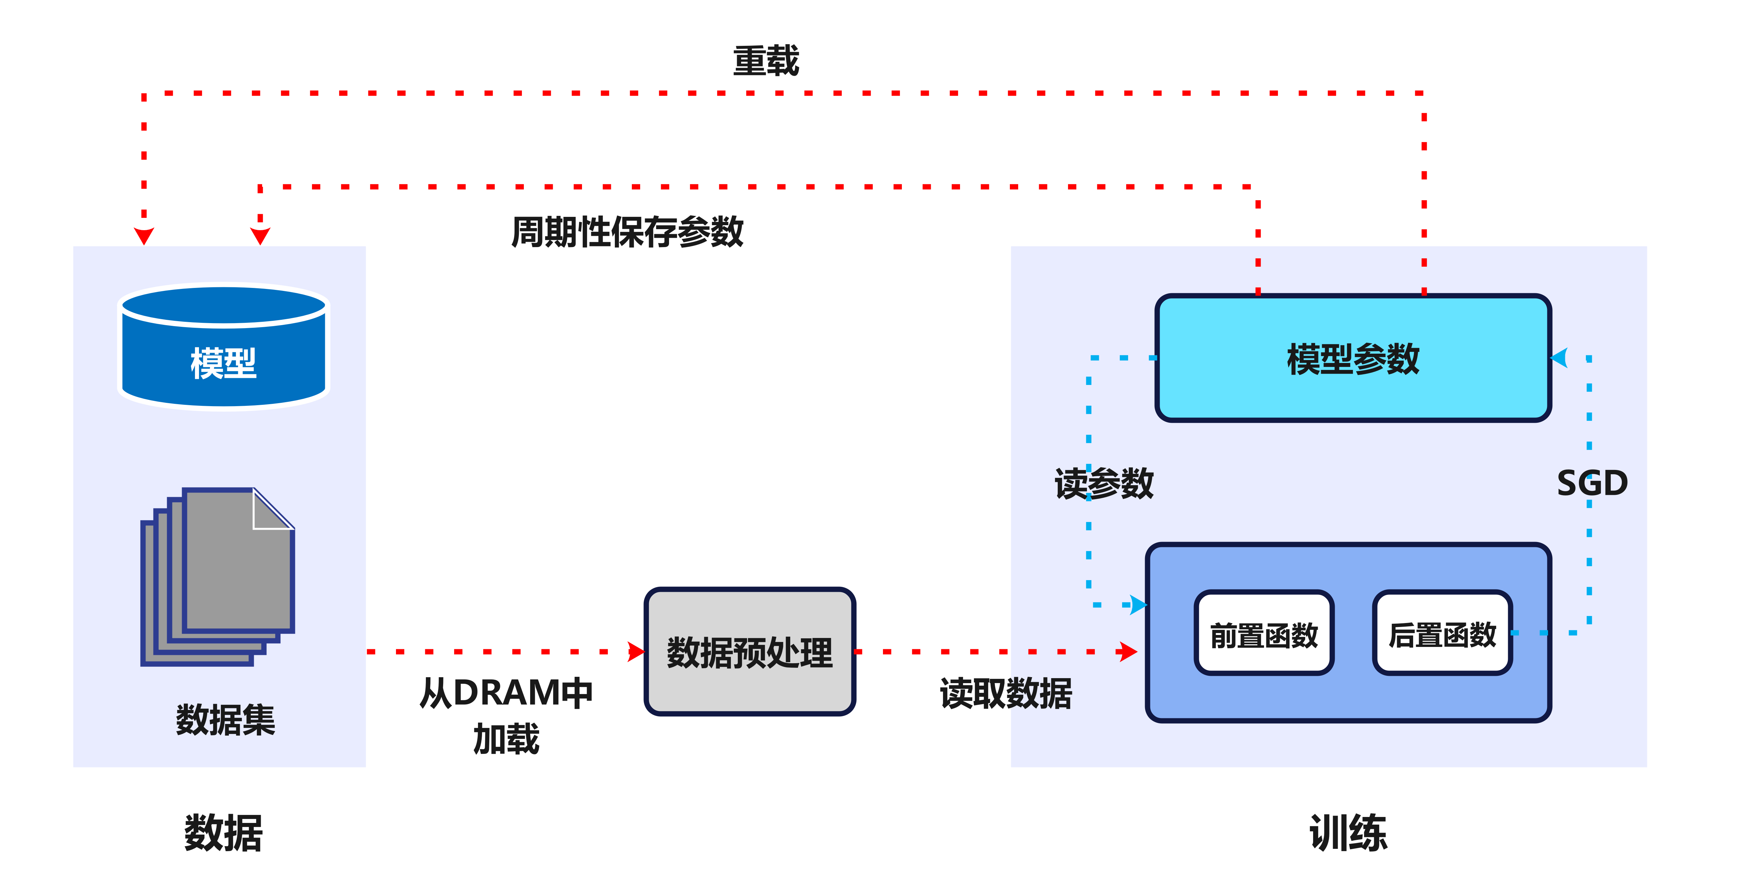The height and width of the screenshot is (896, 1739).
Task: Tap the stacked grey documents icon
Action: tap(217, 577)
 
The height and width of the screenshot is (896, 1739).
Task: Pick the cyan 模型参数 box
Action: tap(1353, 358)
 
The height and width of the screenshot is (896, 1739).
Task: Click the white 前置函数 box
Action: tap(1264, 633)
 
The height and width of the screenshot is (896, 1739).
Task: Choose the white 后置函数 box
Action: tap(1442, 633)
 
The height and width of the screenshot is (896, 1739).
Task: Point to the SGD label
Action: tap(1592, 483)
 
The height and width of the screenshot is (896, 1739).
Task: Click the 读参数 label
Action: tap(1105, 483)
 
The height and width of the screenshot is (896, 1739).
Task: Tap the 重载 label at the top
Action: tap(766, 61)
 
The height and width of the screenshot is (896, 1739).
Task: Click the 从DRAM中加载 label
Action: tap(506, 715)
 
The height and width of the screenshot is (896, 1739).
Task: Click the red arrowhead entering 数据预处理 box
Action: tap(636, 652)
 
